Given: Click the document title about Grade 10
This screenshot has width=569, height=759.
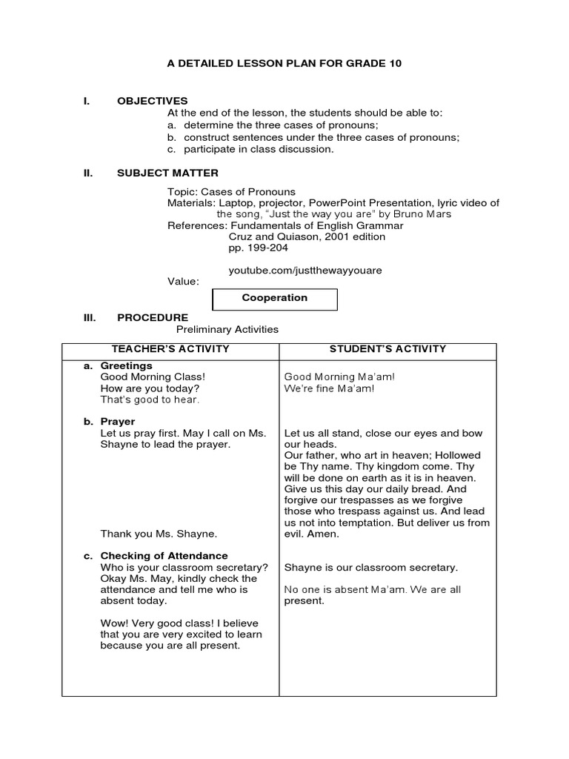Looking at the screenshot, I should pos(284,64).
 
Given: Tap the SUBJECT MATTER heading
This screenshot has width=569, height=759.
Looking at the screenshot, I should pos(167,173).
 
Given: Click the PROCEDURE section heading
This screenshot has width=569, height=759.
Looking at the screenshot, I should pos(153,317).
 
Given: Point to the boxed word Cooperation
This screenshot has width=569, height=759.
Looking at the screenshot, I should pos(274,298).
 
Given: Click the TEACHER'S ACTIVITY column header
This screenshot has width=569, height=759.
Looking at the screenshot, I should pos(170,348).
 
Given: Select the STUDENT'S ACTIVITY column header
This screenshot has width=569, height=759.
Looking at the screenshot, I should pos(387,348).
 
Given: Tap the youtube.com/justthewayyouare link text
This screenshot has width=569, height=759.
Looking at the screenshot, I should pos(305,271).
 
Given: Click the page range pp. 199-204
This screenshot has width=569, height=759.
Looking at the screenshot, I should pos(258,248).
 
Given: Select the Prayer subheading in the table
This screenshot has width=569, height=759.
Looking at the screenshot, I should pos(118,421).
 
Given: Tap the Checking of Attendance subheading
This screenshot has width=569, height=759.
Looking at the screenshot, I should pos(164,555).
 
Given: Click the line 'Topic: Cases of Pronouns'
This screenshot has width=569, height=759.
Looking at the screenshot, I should pos(231,192).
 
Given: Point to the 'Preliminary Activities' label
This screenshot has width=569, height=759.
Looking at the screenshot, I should pos(227,329).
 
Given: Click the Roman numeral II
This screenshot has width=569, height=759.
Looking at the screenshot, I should pos(88,173).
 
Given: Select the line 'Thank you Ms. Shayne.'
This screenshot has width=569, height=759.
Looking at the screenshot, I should pos(159,533).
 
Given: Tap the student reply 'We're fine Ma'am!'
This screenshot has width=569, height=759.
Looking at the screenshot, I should pos(330,388).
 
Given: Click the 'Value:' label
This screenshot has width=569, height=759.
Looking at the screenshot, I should pos(183,282).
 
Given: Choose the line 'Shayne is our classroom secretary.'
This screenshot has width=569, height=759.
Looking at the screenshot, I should pos(371,567).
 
